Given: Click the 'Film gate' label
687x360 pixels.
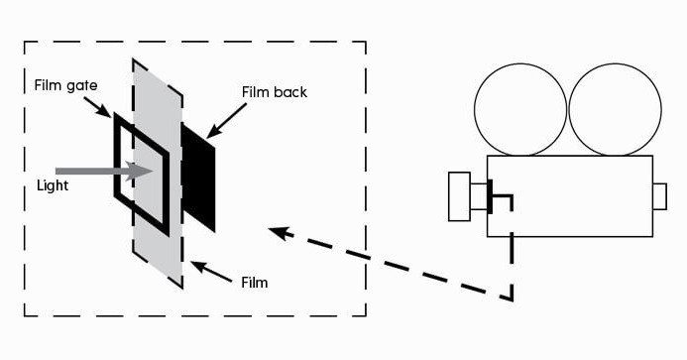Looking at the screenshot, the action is tap(65, 85).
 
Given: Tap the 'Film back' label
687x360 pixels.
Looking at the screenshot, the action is tap(275, 92).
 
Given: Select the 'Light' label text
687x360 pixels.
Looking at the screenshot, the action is tap(53, 185).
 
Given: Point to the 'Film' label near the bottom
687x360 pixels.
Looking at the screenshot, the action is tap(254, 283).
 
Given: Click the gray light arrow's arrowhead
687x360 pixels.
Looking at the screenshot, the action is tap(140, 171).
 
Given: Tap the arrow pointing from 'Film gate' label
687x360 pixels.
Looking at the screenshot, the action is tap(97, 107).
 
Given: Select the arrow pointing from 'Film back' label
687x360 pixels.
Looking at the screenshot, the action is tap(226, 121).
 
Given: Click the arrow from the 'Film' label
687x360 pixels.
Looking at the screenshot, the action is tap(211, 272).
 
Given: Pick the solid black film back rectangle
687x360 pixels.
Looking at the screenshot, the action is tap(198, 178).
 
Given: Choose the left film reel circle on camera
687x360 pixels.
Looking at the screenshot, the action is tap(520, 110).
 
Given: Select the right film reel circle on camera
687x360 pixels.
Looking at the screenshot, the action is tap(615, 110).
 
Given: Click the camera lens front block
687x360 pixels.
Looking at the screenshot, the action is tap(459, 196).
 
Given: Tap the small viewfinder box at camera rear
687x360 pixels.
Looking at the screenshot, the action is tap(660, 196).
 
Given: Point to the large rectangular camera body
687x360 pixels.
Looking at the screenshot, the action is tap(570, 196).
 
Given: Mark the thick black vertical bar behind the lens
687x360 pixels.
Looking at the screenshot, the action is tap(490, 196).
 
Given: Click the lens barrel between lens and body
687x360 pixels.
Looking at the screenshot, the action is tap(479, 196).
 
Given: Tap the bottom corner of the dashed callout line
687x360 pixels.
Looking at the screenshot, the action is tap(512, 300).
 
